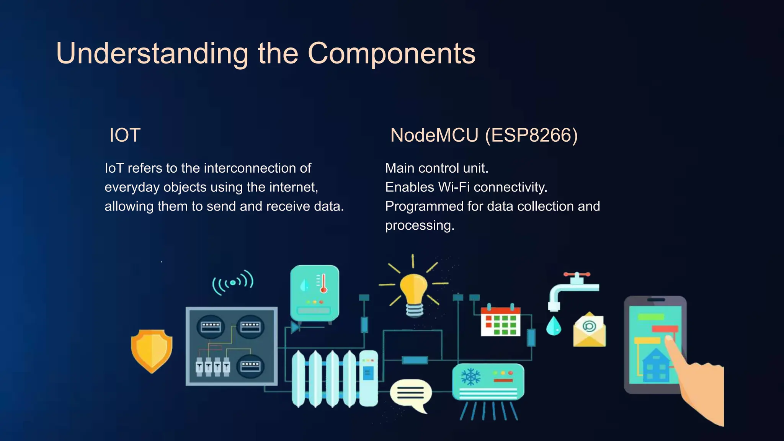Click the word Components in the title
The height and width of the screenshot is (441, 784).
click(x=391, y=54)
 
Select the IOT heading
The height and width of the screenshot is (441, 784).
click(x=125, y=135)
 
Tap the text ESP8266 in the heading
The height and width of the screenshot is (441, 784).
click(x=531, y=135)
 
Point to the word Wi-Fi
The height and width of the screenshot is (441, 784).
click(x=454, y=187)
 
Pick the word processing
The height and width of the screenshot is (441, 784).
click(x=419, y=225)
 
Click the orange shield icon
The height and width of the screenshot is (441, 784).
click(x=152, y=350)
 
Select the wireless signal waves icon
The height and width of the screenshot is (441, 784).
click(x=233, y=283)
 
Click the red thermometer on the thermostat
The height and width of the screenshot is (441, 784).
click(x=323, y=284)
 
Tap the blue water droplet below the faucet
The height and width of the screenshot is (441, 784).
click(x=554, y=326)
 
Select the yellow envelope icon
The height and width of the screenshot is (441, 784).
click(x=589, y=330)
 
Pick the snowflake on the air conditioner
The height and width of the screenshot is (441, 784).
click(x=470, y=377)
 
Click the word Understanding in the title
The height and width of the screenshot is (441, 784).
click(x=152, y=54)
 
